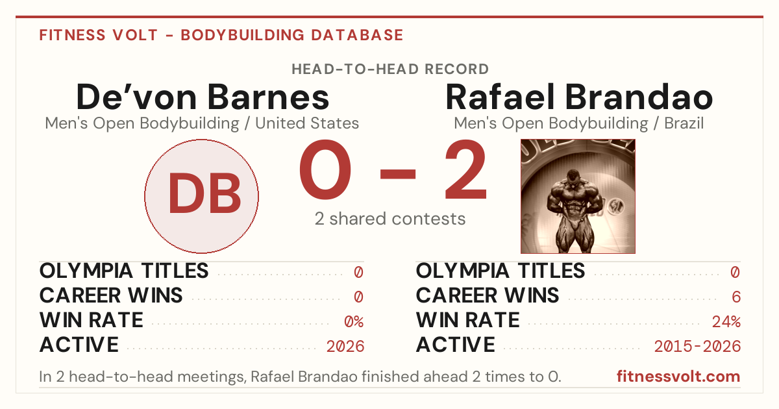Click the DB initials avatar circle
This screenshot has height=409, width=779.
[x=201, y=196]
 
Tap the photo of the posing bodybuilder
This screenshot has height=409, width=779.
[x=578, y=196]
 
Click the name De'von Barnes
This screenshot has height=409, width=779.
[x=203, y=97]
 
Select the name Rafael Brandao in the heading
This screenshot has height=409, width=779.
[x=579, y=97]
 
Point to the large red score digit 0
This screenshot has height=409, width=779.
[x=325, y=169]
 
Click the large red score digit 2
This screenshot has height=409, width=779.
[x=466, y=169]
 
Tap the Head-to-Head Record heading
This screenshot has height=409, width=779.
[x=390, y=69]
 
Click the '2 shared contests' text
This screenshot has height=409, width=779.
[x=390, y=219]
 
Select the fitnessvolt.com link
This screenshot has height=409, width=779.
[x=678, y=377]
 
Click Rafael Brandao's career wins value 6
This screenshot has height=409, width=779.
[x=736, y=297]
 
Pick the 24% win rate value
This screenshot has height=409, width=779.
[x=726, y=321]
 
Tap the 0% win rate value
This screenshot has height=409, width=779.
[x=354, y=321]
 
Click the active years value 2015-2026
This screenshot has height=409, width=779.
[x=697, y=346]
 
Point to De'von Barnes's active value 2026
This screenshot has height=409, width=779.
[x=345, y=346]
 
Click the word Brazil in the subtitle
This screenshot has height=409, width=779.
[x=684, y=123]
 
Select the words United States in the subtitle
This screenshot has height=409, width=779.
[x=306, y=123]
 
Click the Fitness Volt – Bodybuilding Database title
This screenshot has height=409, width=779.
[x=221, y=35]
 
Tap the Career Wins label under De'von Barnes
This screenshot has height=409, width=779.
[x=111, y=295]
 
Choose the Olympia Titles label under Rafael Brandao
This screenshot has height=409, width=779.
[x=501, y=271]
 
